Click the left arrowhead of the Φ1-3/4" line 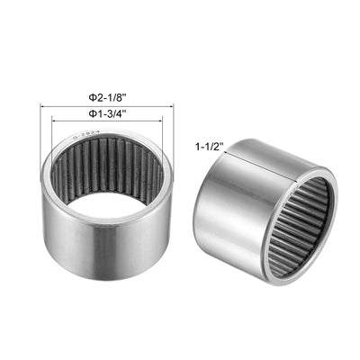pos(51,123)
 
